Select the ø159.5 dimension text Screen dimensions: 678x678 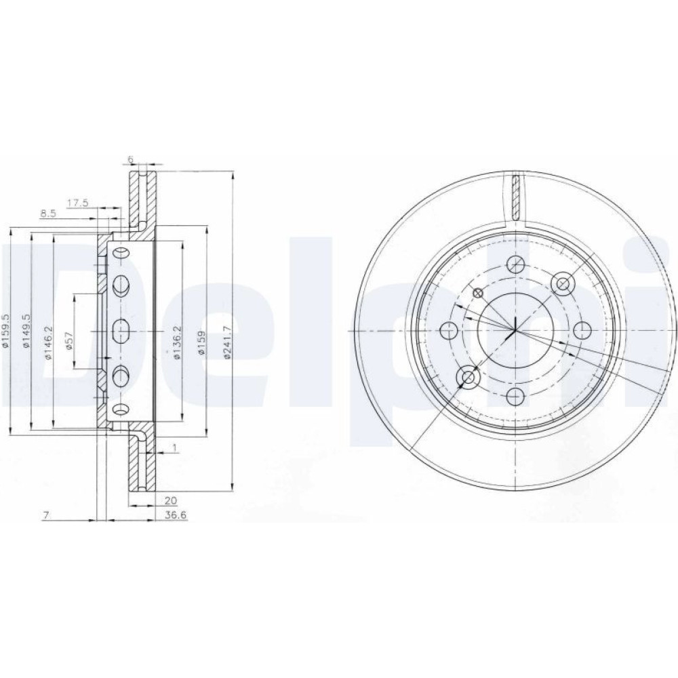5,330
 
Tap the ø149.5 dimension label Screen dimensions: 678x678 26,331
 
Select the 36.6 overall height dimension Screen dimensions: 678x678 174,515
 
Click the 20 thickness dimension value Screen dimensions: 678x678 171,501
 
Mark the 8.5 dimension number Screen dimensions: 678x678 48,213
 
